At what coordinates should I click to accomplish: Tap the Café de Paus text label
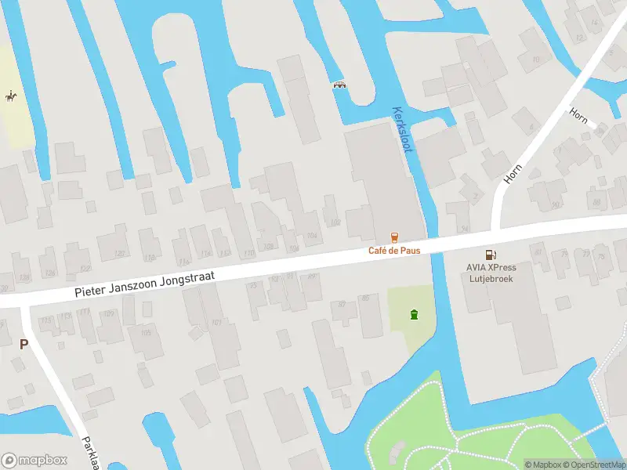[394, 251]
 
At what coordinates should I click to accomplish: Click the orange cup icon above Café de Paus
[394, 237]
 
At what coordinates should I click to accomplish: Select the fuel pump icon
[491, 254]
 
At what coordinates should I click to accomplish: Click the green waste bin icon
[413, 315]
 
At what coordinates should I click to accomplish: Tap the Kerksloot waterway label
[400, 129]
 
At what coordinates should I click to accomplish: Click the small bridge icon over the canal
[340, 85]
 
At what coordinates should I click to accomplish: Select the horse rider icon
[10, 96]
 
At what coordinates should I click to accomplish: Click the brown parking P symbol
[24, 344]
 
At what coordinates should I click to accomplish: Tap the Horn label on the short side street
[579, 117]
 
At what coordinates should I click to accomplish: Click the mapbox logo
[34, 460]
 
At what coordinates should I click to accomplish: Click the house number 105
[145, 333]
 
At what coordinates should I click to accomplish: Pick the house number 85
[365, 298]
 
